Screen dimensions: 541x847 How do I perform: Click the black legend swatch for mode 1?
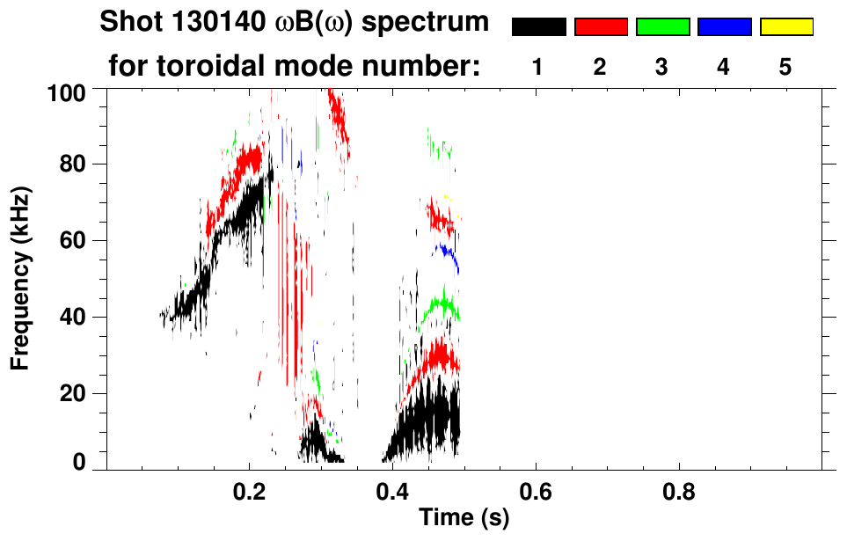pos(538,27)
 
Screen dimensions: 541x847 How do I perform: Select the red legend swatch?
pos(601,27)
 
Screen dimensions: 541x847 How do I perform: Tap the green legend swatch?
pos(662,27)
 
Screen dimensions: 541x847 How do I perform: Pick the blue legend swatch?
pos(724,27)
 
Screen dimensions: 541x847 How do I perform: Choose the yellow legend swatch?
pos(785,27)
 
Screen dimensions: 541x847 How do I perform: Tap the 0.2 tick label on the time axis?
pos(249,489)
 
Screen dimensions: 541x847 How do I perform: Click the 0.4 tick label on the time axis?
pos(392,489)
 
